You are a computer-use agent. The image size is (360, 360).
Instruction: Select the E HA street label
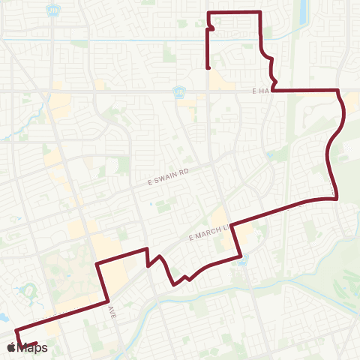coord(260,91)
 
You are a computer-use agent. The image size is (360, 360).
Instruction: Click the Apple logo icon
coord(10,348)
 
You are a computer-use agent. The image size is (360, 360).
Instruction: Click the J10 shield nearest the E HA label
coord(178,91)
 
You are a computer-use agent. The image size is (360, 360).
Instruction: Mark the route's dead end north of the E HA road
coord(207,69)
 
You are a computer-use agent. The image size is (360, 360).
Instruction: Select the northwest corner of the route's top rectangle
coord(208,13)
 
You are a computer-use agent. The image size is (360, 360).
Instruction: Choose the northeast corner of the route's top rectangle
coord(259,13)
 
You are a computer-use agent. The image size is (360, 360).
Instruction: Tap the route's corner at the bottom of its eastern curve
coord(334,198)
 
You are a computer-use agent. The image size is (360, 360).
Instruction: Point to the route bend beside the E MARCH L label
coord(232,223)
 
